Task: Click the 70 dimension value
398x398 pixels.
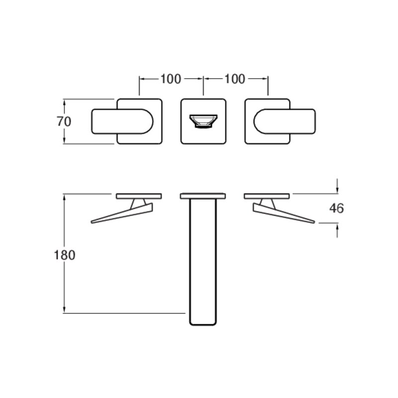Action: tap(64, 121)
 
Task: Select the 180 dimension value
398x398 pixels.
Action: tap(65, 255)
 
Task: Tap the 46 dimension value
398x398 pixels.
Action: tap(337, 208)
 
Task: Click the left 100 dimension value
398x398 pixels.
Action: tap(171, 79)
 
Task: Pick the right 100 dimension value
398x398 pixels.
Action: tap(235, 79)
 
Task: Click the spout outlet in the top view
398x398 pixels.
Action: tap(203, 121)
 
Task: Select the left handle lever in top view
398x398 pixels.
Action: tap(122, 121)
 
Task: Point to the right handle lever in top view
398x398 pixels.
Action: tap(285, 121)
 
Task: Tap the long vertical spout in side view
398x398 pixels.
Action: tap(203, 262)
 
